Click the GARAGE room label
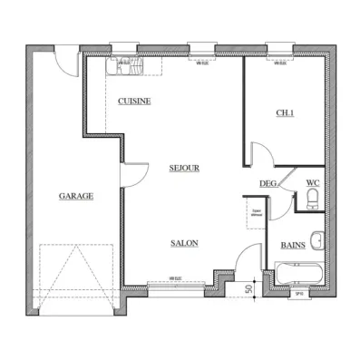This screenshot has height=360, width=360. [76, 195]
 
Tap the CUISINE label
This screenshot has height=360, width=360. [134, 102]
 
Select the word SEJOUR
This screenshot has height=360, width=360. [183, 168]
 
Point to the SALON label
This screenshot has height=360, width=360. [184, 243]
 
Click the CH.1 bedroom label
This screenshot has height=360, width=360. [286, 112]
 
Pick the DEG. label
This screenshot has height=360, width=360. [268, 183]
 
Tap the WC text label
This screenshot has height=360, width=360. [312, 182]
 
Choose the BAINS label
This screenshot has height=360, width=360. [292, 244]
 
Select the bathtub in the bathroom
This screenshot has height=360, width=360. [297, 274]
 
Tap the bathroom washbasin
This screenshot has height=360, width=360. [316, 241]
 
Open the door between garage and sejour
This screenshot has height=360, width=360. [133, 174]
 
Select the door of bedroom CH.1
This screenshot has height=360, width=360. [256, 154]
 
